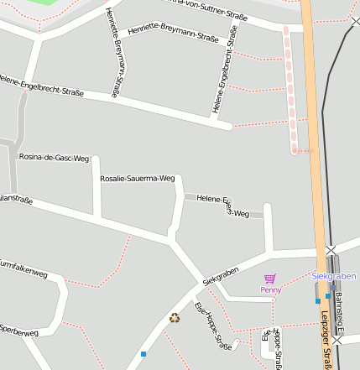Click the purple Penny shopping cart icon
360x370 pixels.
(x=269, y=279)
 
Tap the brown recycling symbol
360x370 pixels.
(x=175, y=317)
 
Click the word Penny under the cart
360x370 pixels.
(x=270, y=290)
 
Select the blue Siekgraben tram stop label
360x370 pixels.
(x=333, y=276)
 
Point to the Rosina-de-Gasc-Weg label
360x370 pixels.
(x=54, y=157)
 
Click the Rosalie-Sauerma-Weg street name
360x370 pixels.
(x=137, y=178)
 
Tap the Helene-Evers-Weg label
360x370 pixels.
(x=223, y=206)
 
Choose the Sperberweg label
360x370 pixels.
(x=18, y=329)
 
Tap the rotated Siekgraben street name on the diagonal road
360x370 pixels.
(x=221, y=275)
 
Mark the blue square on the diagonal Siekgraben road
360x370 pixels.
(x=143, y=353)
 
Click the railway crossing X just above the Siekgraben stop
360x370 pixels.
(x=331, y=250)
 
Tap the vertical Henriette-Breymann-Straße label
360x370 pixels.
(x=116, y=52)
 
